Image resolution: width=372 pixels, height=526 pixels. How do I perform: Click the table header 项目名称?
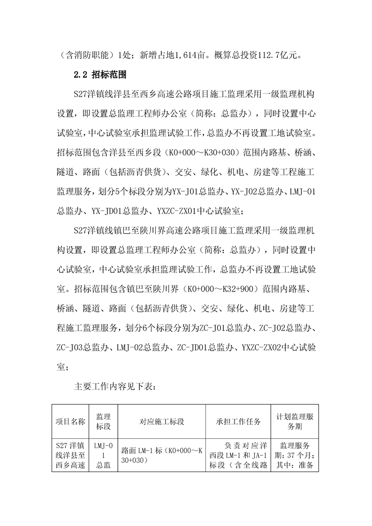point(70,421)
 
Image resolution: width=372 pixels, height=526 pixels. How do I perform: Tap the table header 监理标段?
point(103,421)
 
